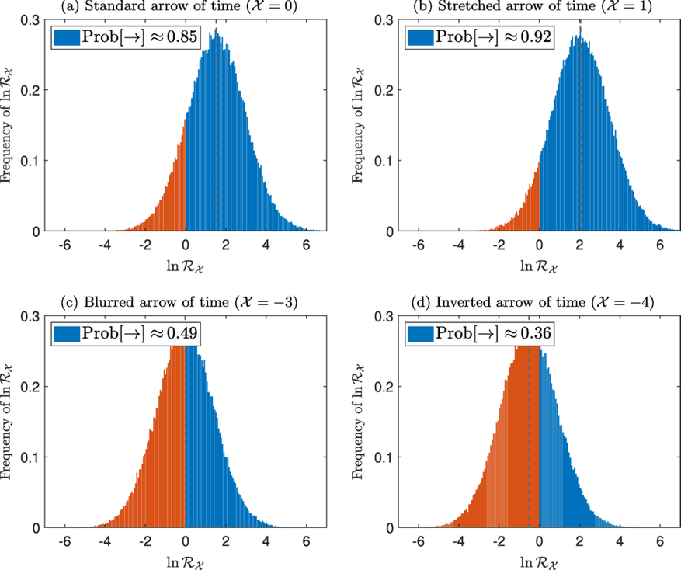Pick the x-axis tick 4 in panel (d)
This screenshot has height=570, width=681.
coord(620,540)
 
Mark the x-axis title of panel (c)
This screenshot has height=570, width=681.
coord(185,561)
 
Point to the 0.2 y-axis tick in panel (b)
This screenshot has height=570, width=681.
coord(386,90)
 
